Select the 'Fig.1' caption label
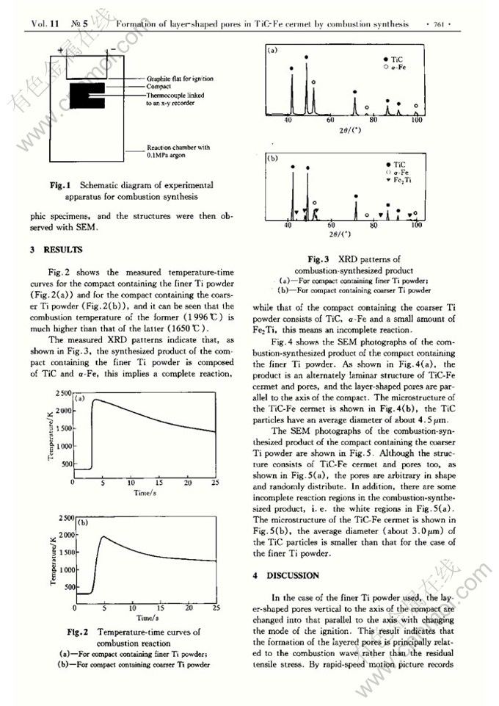(59, 186)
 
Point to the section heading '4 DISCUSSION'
(286, 575)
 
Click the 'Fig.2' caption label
(78, 632)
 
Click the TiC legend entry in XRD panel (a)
(396, 58)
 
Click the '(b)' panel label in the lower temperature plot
(83, 523)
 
